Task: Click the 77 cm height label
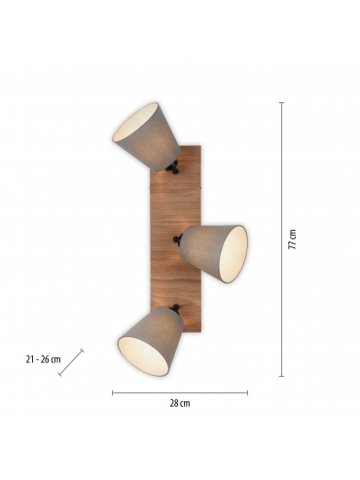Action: click(293, 240)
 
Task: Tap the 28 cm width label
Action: click(180, 403)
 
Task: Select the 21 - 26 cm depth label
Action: click(43, 359)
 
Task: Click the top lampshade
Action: click(146, 137)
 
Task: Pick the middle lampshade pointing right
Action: click(213, 253)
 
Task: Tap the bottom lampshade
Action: click(151, 341)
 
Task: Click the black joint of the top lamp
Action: click(173, 167)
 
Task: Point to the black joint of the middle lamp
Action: click(178, 240)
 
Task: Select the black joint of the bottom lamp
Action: click(175, 309)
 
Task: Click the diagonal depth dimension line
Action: click(71, 362)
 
